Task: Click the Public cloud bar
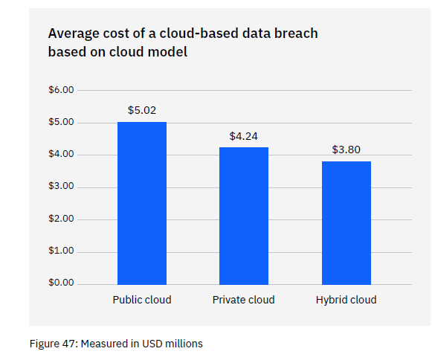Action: (142, 202)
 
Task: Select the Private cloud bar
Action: (244, 216)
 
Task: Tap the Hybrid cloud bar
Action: (346, 222)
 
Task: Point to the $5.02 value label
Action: (142, 110)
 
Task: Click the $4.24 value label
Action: (244, 136)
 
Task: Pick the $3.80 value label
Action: (346, 150)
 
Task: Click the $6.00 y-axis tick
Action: (62, 90)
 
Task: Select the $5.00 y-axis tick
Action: (62, 122)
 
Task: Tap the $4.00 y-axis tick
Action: (62, 155)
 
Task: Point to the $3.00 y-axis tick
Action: (62, 187)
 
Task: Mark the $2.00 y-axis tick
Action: (62, 219)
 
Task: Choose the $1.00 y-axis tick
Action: (62, 251)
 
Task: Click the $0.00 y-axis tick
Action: (62, 283)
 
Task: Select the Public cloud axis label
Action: (142, 300)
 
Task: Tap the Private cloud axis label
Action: (244, 300)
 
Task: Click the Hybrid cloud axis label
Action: (346, 300)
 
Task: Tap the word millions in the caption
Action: (183, 344)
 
